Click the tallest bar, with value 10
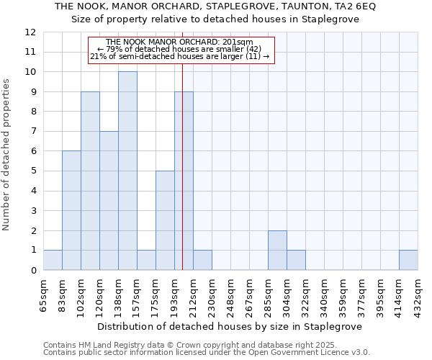[127, 171]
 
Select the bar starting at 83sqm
[71, 210]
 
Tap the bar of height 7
[109, 200]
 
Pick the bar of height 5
[165, 220]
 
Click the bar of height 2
[277, 250]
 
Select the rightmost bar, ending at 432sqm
[408, 260]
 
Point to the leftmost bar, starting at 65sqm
[53, 260]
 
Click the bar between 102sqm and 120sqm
[90, 181]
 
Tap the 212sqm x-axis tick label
[194, 294]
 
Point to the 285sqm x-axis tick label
[269, 294]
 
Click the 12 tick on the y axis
[30, 32]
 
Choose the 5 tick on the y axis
[33, 171]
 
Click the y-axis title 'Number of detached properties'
[6, 155]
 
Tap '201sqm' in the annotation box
[238, 42]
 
